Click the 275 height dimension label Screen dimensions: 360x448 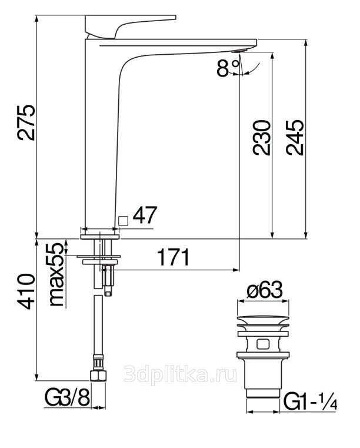tap(26, 123)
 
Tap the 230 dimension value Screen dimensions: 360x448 tap(261, 138)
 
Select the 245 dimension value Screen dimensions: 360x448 tap(295, 138)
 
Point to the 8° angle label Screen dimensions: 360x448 tap(228, 68)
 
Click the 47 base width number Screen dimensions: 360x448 tap(145, 215)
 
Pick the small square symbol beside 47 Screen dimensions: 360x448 tap(123, 221)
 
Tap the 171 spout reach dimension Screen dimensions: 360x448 tap(174, 257)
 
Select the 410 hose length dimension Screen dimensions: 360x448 tap(26, 291)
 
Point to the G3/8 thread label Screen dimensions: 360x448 tap(68, 398)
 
